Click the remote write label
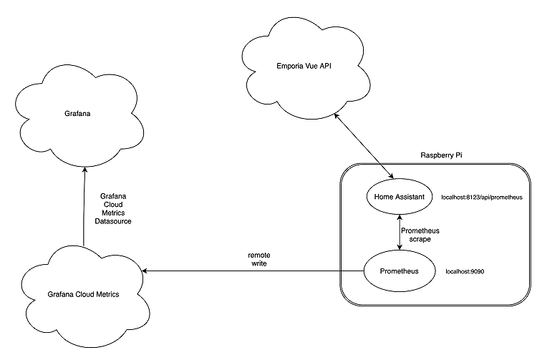[258, 259]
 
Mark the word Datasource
[112, 222]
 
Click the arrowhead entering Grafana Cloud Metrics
[145, 271]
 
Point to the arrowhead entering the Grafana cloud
[85, 170]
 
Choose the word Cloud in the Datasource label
[112, 203]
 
